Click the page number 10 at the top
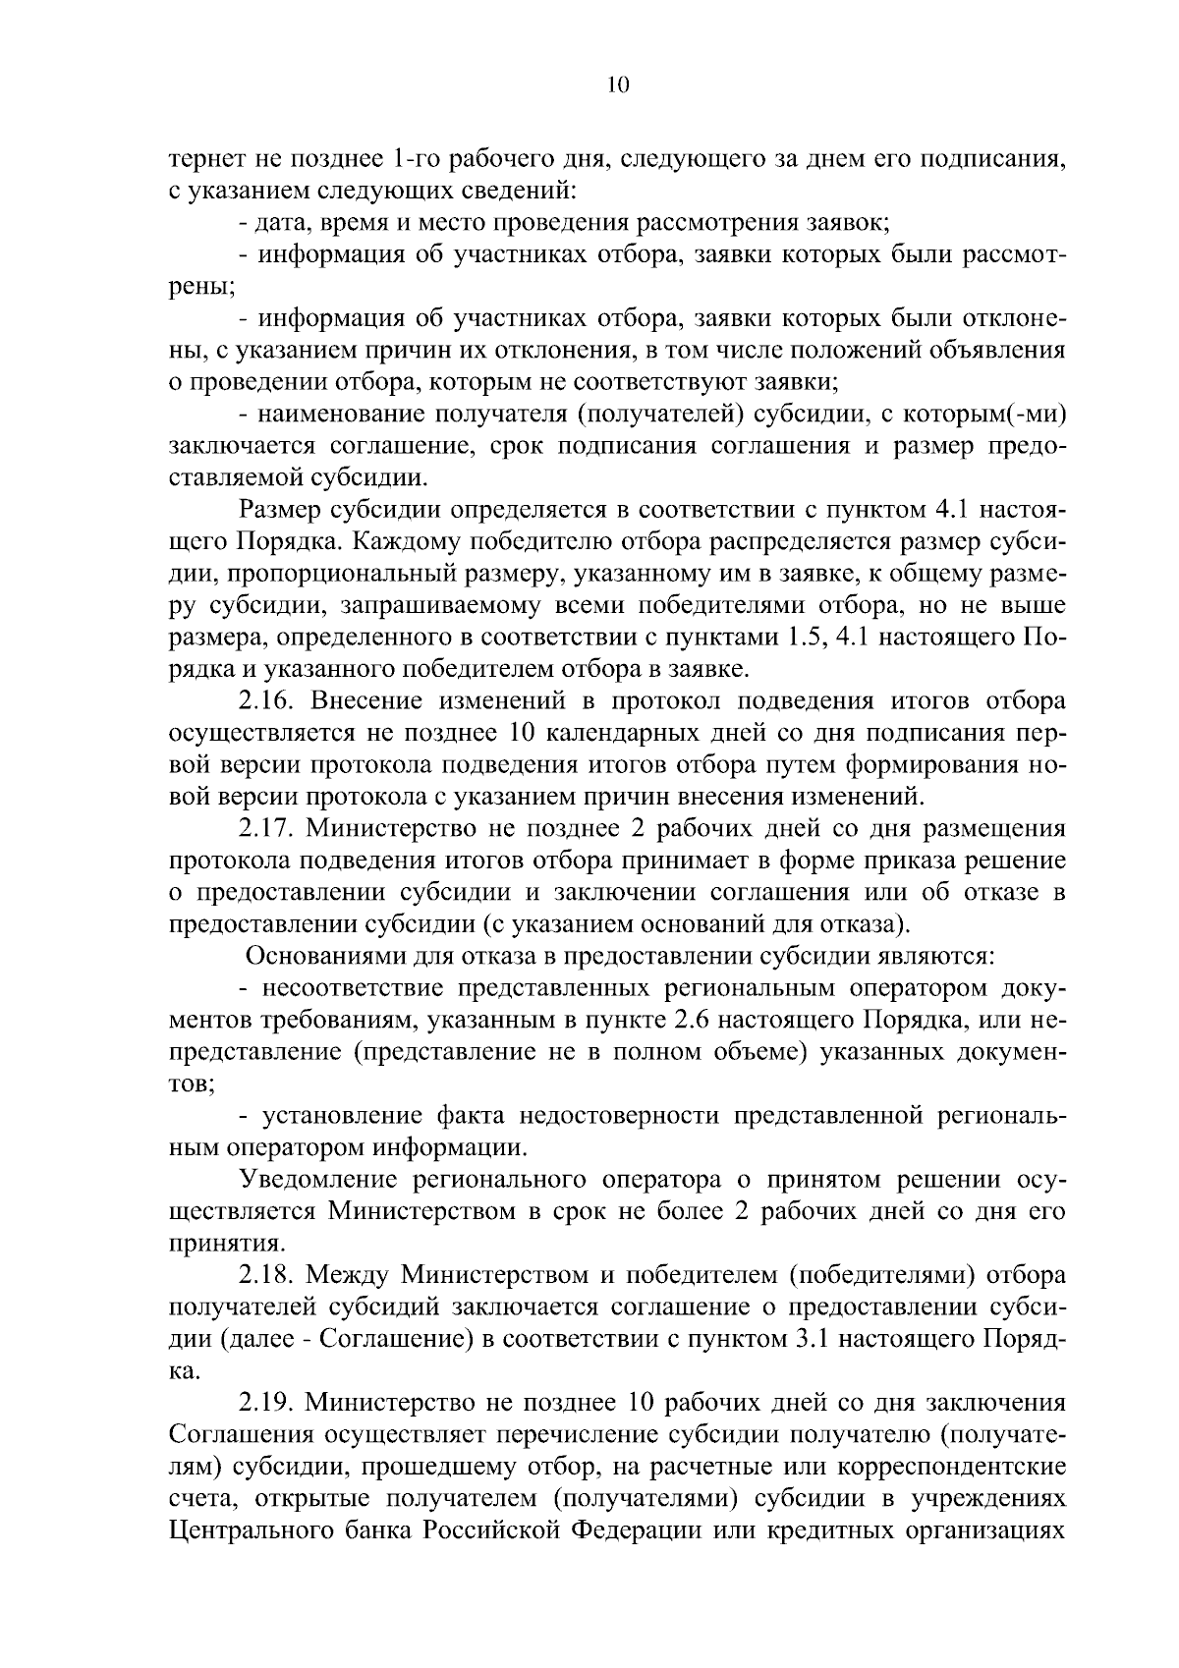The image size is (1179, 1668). click(x=618, y=85)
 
